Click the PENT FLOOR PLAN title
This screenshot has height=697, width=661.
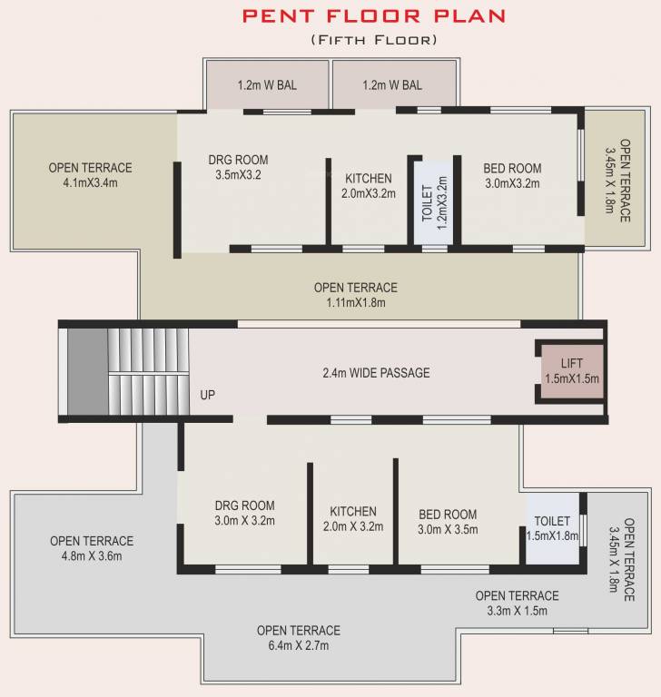[373, 15]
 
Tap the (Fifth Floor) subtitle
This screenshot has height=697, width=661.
[373, 40]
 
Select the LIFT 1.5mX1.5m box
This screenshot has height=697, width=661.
[572, 371]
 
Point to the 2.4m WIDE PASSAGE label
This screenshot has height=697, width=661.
[376, 373]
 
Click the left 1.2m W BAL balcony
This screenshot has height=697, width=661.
[267, 86]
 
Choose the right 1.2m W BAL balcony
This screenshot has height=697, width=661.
[391, 86]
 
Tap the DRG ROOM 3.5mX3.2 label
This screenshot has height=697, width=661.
[238, 167]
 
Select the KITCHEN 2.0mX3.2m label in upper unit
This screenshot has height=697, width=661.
[368, 186]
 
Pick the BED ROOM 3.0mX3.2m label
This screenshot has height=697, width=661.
[512, 175]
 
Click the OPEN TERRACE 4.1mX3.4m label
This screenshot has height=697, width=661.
[90, 174]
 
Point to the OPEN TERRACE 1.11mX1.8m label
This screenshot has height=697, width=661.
[355, 294]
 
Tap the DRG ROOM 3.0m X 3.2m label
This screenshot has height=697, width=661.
[244, 513]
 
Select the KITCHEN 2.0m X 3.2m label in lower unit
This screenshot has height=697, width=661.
[353, 518]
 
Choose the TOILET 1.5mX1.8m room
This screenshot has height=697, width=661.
[552, 528]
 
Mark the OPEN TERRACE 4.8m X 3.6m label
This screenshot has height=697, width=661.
[91, 548]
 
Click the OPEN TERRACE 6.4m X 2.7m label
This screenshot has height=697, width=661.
[298, 637]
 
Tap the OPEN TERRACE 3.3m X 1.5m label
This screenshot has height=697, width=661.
[517, 603]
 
